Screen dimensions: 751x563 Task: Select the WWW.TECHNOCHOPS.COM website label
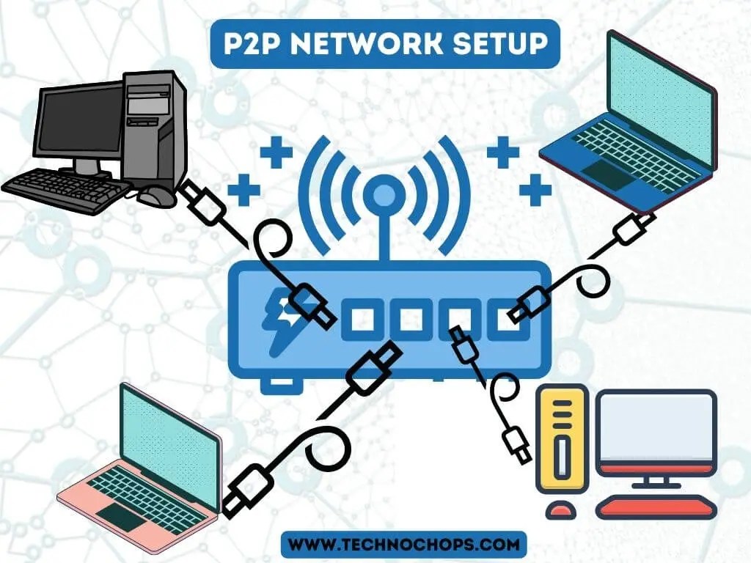pyautogui.click(x=404, y=545)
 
